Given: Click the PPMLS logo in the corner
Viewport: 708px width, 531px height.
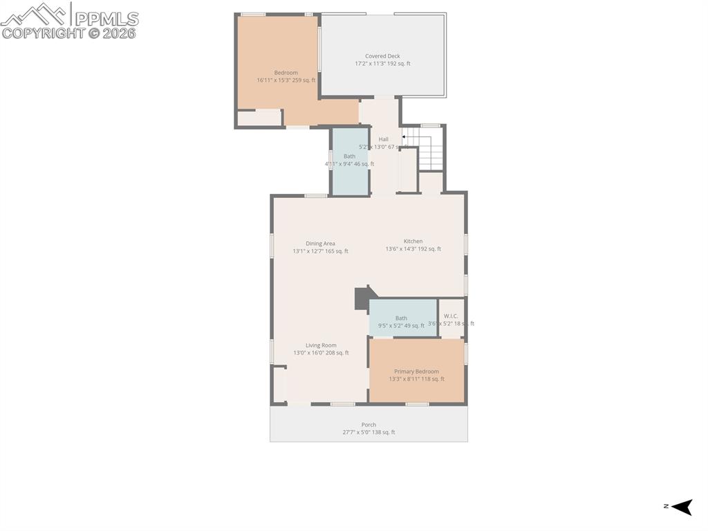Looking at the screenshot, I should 69,19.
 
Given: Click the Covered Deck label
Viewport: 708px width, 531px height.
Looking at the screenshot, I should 382,56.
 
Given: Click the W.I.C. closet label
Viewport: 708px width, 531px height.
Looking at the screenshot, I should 451,316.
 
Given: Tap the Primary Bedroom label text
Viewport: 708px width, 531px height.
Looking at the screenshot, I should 416,371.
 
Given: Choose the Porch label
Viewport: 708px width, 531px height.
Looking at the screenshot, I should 369,424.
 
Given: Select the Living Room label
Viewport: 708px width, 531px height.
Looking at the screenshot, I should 321,345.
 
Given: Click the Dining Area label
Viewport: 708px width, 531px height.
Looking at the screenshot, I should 320,243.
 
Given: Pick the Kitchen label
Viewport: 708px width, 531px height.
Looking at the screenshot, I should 413,241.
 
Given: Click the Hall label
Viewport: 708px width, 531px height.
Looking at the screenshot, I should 383,139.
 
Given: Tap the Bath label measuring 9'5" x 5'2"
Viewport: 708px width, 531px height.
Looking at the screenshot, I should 401,318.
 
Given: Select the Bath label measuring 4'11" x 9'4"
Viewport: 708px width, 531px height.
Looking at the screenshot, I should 349,156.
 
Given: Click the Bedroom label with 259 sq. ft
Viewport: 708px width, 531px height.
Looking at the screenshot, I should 286,73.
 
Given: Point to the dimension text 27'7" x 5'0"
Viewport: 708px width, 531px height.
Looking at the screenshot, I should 369,433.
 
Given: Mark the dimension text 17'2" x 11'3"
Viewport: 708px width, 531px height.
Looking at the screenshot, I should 382,64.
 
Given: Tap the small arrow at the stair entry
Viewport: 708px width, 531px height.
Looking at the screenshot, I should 404,137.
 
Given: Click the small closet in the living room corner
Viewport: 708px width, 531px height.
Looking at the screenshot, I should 279,384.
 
